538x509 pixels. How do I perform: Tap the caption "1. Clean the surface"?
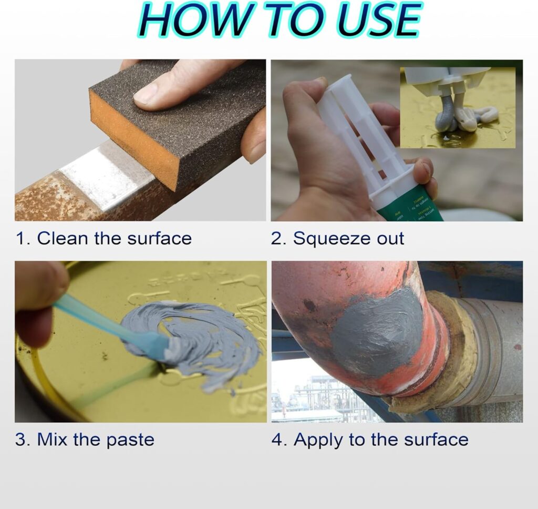(104, 238)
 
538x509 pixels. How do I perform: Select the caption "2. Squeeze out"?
(338, 238)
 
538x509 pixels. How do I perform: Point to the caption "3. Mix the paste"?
(85, 440)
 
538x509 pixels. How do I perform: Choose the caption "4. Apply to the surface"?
(370, 440)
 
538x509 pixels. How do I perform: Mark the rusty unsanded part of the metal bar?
(42, 202)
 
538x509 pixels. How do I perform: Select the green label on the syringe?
(410, 208)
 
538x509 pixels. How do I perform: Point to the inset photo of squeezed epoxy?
(457, 108)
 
